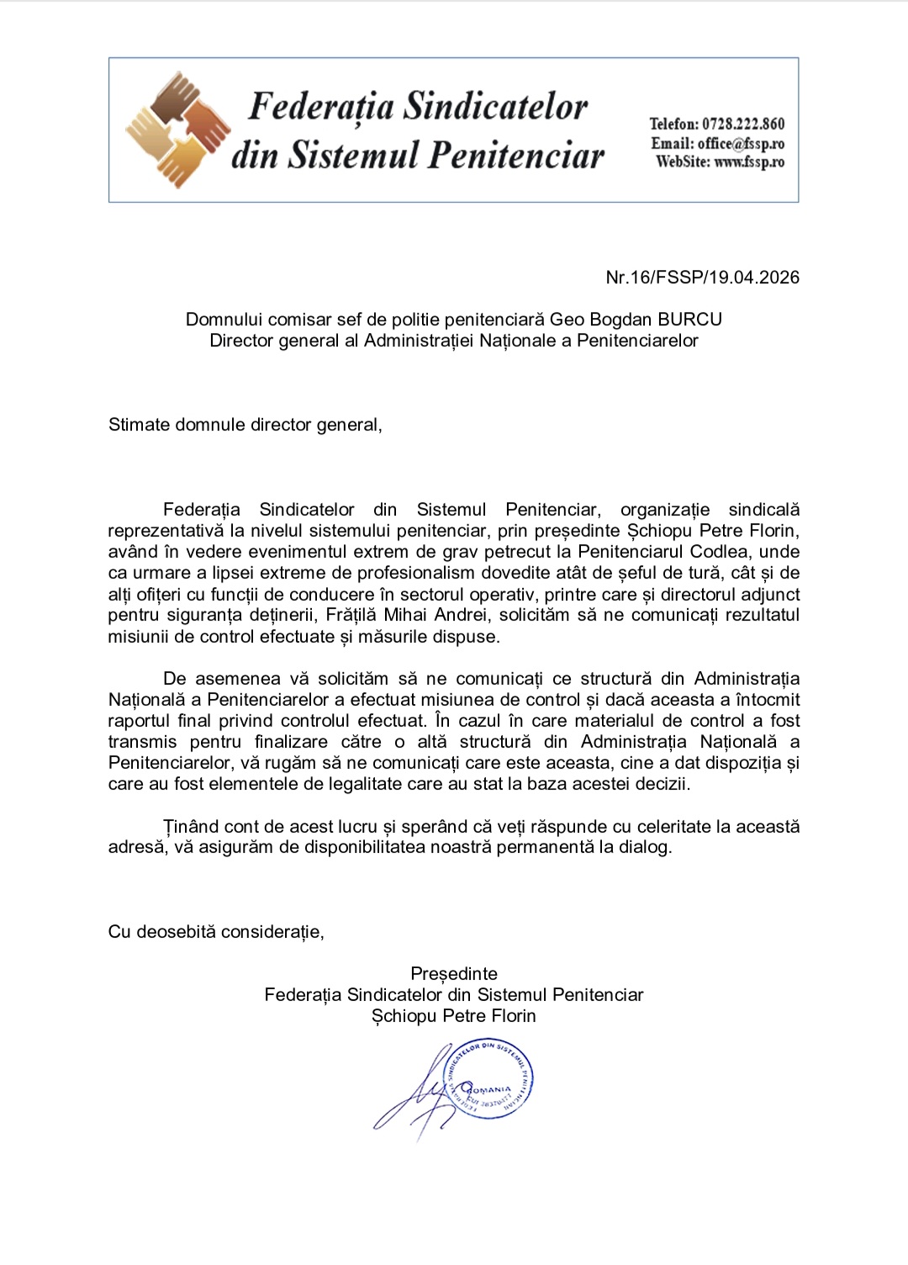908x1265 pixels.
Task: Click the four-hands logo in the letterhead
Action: pyautogui.click(x=178, y=129)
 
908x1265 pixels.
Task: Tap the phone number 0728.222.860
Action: pyautogui.click(x=743, y=124)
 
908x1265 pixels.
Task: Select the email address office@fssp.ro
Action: pyautogui.click(x=741, y=143)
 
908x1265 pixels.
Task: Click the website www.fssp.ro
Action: pyautogui.click(x=749, y=161)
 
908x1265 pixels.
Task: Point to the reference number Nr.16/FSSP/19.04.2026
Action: pyautogui.click(x=702, y=278)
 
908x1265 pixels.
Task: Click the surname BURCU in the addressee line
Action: pyautogui.click(x=689, y=320)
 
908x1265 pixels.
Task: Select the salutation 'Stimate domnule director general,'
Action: pyautogui.click(x=245, y=425)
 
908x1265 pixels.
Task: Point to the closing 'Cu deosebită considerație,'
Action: pyautogui.click(x=216, y=932)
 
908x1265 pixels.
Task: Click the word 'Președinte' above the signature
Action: pyautogui.click(x=454, y=974)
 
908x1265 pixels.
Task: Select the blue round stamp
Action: pyautogui.click(x=490, y=1078)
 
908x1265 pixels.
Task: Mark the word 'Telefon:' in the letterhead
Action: pyautogui.click(x=673, y=124)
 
